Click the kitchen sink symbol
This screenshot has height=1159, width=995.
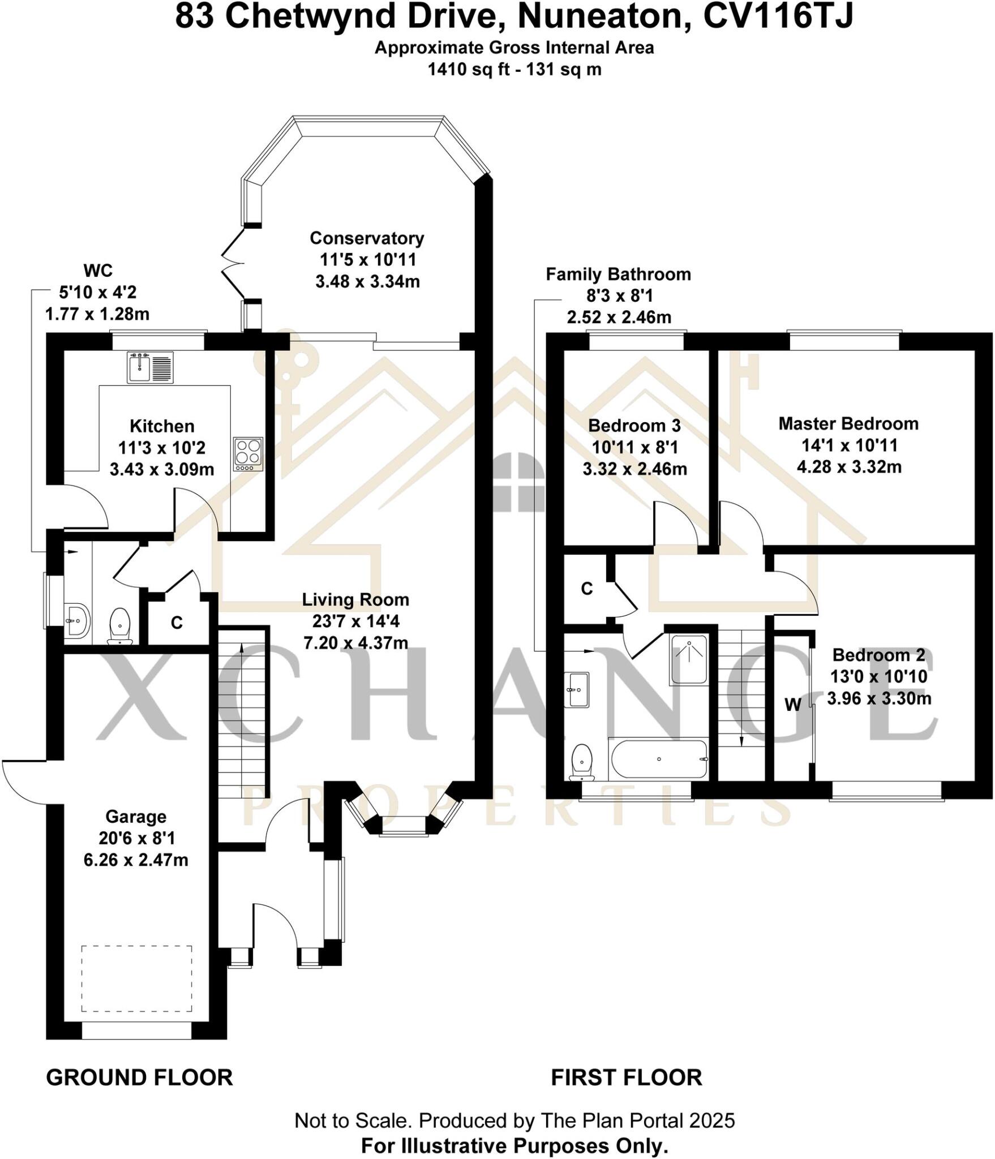(150, 367)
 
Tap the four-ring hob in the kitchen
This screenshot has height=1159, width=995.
(248, 454)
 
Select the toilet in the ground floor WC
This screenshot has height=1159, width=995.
(119, 626)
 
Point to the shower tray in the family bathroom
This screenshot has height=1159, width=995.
(689, 659)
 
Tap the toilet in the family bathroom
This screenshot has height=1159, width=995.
(582, 762)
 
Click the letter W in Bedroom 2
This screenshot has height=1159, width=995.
(793, 705)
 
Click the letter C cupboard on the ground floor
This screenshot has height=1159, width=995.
(177, 623)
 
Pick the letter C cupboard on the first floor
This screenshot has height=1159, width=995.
(587, 589)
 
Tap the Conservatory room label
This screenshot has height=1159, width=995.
(367, 238)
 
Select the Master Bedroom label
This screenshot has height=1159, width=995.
(848, 424)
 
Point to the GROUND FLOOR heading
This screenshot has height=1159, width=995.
(139, 1078)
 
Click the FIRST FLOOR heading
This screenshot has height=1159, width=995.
(627, 1078)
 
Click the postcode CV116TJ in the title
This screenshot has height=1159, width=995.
(778, 17)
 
